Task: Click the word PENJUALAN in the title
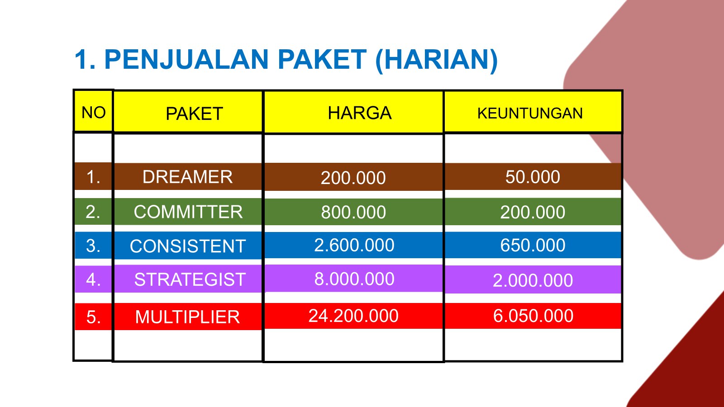tap(186, 59)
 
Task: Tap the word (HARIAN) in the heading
tap(437, 61)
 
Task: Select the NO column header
tap(93, 113)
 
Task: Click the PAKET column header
tap(194, 114)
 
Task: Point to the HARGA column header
tap(359, 113)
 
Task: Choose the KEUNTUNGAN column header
tap(530, 114)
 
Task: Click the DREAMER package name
tap(187, 177)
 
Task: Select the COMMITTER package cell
tap(188, 212)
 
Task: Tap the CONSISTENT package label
tap(188, 246)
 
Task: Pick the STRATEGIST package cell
tap(190, 279)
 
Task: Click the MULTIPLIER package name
tap(187, 317)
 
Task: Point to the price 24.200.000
tap(353, 316)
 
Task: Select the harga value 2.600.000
tap(354, 245)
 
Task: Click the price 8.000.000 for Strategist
tap(354, 279)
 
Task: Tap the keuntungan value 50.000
tap(533, 177)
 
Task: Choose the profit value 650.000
tap(533, 245)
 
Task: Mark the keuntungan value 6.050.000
tap(533, 316)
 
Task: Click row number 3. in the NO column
tap(93, 246)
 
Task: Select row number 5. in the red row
tap(93, 317)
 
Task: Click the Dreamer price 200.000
tap(353, 178)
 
